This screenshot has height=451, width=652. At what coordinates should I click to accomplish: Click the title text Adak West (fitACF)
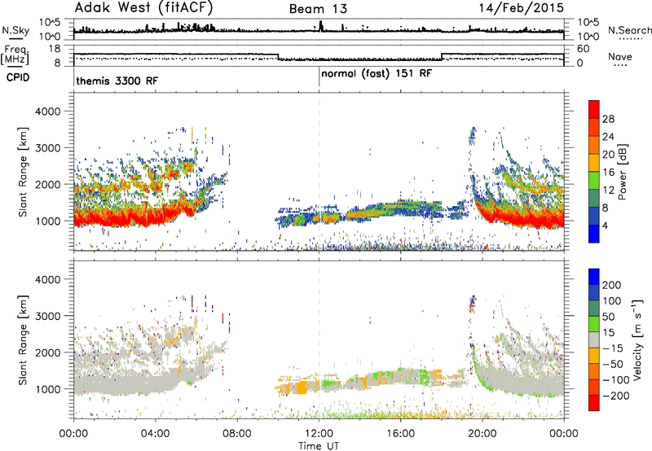pos(143,8)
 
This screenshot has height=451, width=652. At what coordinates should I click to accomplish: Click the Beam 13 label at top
pos(318,9)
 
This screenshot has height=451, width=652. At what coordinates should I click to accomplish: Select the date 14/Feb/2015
pos(521,8)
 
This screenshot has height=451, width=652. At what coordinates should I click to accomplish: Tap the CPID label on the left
pos(18,77)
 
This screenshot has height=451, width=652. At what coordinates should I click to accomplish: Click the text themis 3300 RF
pos(117,81)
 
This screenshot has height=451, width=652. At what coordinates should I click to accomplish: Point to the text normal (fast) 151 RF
pos(377,74)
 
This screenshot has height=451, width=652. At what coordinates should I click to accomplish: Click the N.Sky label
pos(15,30)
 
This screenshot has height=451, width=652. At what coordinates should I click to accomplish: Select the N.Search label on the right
pos(629,30)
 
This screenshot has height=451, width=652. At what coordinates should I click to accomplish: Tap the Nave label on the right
pos(620,56)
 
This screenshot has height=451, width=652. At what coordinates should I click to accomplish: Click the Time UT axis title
pos(319,446)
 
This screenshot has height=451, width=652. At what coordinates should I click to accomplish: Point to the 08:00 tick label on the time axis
pos(236,434)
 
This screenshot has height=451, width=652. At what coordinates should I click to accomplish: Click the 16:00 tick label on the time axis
pos(400,434)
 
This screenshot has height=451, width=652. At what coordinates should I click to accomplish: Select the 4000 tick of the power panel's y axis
pos(48,112)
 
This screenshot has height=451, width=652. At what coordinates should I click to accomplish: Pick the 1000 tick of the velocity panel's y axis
pos(48,389)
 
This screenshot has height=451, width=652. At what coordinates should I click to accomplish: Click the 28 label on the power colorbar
pos(608,119)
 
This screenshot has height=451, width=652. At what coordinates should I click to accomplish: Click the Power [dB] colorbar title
pos(623,172)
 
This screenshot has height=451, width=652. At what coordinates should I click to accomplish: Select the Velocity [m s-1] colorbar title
pos(637,339)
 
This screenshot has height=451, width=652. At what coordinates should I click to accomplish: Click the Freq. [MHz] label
pos(15,55)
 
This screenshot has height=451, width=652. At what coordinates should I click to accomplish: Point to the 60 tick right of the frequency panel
pos(584,49)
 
